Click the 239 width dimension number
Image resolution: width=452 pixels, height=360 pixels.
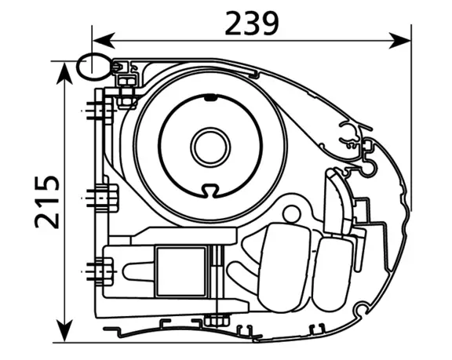click(252, 24)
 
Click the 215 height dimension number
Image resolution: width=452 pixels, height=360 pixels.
click(47, 202)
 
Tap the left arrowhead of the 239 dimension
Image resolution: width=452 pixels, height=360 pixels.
click(104, 41)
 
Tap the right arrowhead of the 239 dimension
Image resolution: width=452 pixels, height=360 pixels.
click(399, 41)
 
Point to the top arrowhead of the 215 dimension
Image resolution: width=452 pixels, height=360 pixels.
click(64, 73)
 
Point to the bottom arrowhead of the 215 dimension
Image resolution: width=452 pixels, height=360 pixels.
click(64, 331)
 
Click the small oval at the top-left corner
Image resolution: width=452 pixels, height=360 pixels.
click(93, 67)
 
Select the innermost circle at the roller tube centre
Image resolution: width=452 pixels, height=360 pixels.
click(210, 147)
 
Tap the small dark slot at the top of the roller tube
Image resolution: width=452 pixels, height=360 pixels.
click(211, 99)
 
